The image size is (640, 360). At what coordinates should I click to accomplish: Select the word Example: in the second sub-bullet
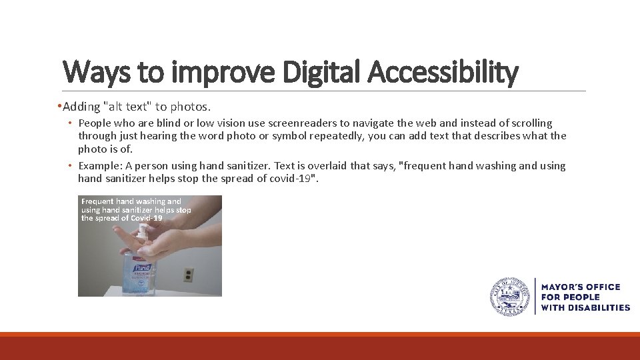[x=99, y=166]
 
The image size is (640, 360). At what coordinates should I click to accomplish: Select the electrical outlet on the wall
[x=189, y=274]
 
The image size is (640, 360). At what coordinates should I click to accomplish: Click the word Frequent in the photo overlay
[x=97, y=201]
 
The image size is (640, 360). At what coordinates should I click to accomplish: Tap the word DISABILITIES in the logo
[x=597, y=307]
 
